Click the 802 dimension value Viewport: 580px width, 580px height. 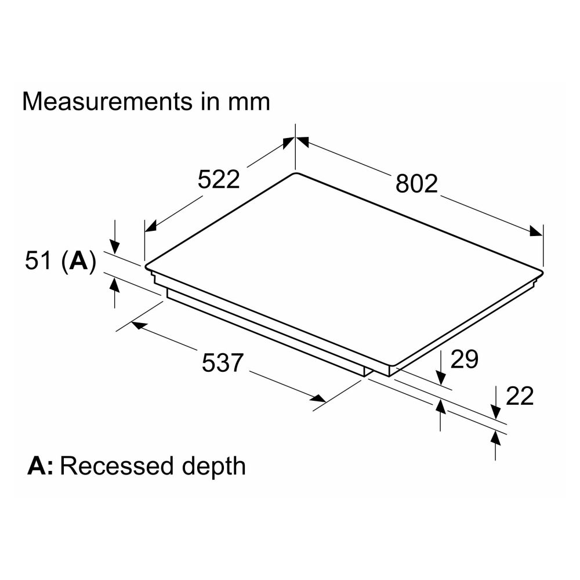tap(416, 184)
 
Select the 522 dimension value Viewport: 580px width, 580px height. tap(219, 179)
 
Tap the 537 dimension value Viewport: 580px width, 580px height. tap(223, 362)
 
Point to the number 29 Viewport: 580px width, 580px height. tap(464, 359)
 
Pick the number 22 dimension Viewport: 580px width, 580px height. tap(520, 396)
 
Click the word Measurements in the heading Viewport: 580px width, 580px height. tap(108, 101)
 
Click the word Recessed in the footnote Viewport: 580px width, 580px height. tap(117, 466)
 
